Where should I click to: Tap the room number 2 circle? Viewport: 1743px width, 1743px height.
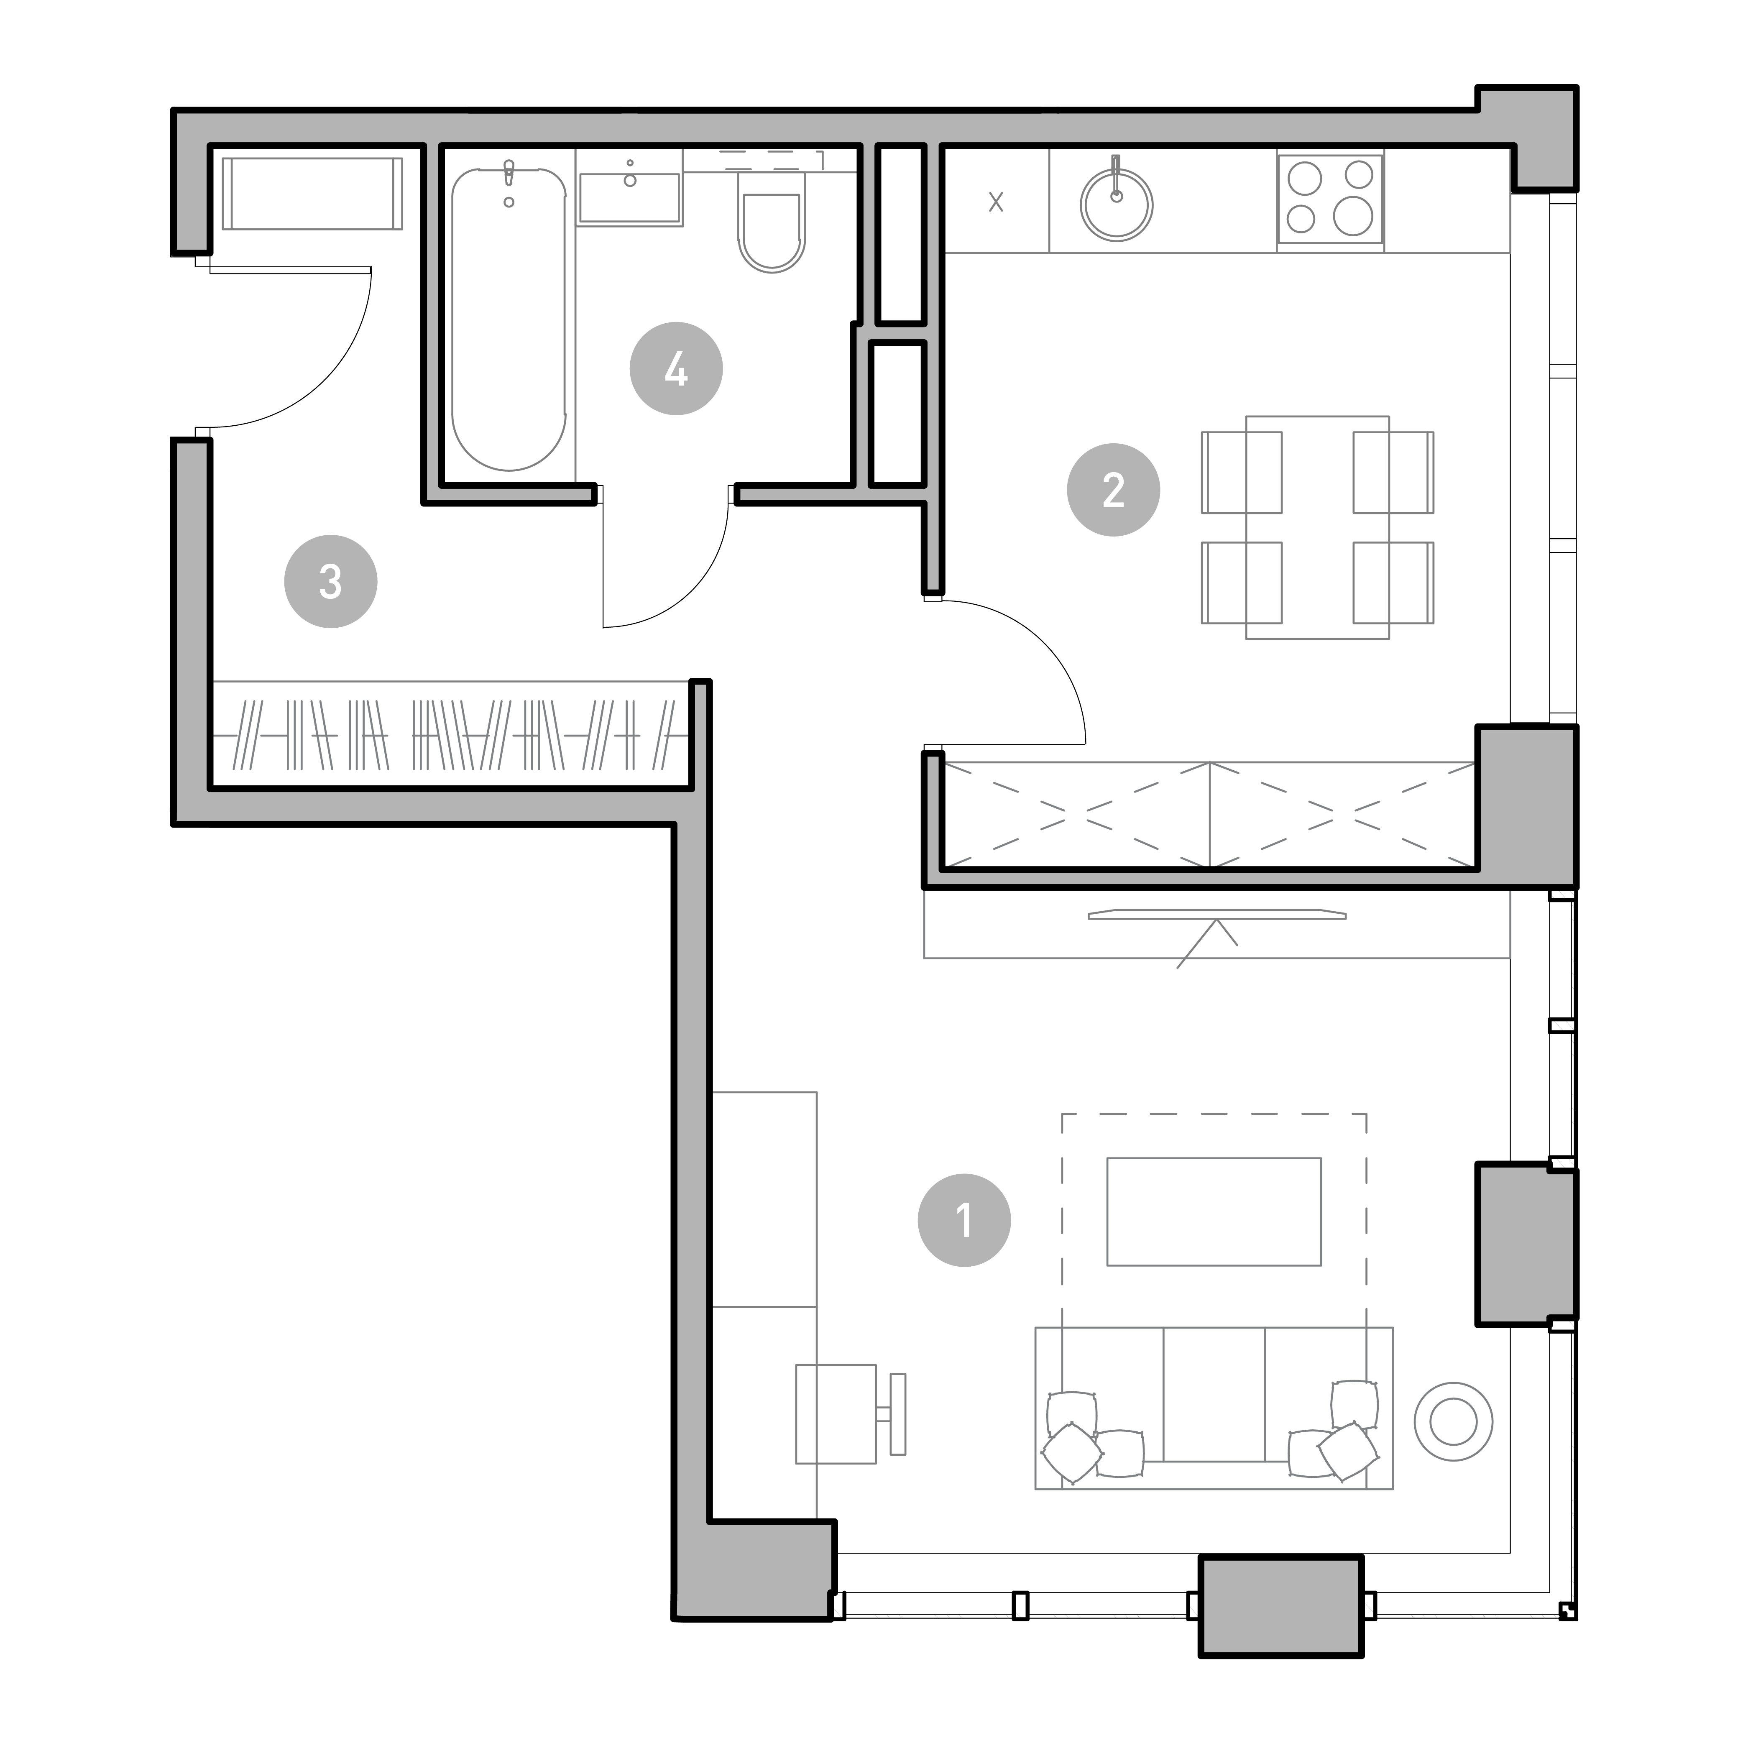[x=1113, y=490]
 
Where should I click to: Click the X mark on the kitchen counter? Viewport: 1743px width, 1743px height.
[x=996, y=202]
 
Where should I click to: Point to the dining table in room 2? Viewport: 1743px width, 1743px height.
[x=1317, y=528]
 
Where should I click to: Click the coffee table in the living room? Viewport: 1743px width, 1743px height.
[x=1214, y=1211]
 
